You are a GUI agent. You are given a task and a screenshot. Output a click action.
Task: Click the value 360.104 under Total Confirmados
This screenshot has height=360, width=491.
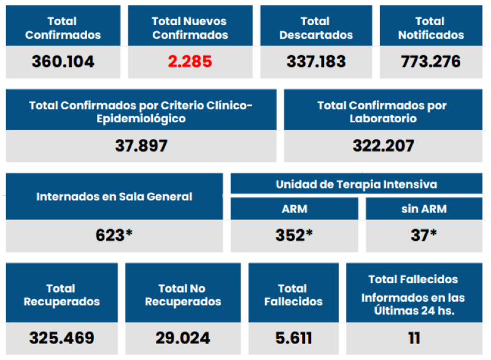63,62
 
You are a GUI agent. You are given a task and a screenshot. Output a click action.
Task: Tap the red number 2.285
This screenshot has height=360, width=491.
190,62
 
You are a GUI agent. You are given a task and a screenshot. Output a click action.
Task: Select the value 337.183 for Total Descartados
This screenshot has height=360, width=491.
316,62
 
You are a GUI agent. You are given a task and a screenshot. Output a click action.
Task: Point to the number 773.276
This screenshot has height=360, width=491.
431,62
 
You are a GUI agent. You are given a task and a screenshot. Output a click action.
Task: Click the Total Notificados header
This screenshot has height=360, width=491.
431,28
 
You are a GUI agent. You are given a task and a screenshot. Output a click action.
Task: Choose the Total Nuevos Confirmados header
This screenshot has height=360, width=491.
190,28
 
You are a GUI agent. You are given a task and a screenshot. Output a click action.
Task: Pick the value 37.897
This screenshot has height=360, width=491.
141,146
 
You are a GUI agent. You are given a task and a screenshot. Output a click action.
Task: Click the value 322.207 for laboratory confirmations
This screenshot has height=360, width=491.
383,146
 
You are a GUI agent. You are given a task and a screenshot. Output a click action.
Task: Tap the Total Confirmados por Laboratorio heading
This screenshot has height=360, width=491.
383,112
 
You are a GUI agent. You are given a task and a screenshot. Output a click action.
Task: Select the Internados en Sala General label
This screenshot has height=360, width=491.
114,197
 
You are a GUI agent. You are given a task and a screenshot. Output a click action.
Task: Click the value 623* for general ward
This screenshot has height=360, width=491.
114,235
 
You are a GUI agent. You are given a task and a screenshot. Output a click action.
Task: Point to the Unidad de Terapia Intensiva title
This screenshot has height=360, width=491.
356,184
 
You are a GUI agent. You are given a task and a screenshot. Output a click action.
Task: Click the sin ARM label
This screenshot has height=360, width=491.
423,209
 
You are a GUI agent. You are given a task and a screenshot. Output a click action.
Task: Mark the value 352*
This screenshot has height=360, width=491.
294,235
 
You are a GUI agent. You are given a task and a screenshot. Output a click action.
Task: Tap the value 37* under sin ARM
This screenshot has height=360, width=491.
423,235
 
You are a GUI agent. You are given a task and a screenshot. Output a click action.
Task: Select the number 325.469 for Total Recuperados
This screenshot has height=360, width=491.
61,338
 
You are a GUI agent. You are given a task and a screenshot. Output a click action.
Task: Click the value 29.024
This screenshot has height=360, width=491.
183,338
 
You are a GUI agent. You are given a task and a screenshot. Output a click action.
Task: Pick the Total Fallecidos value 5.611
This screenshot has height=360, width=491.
293,338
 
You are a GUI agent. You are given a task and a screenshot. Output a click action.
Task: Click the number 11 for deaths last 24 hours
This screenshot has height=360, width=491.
414,338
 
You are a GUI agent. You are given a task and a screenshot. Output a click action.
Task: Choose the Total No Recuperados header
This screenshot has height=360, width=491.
183,295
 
